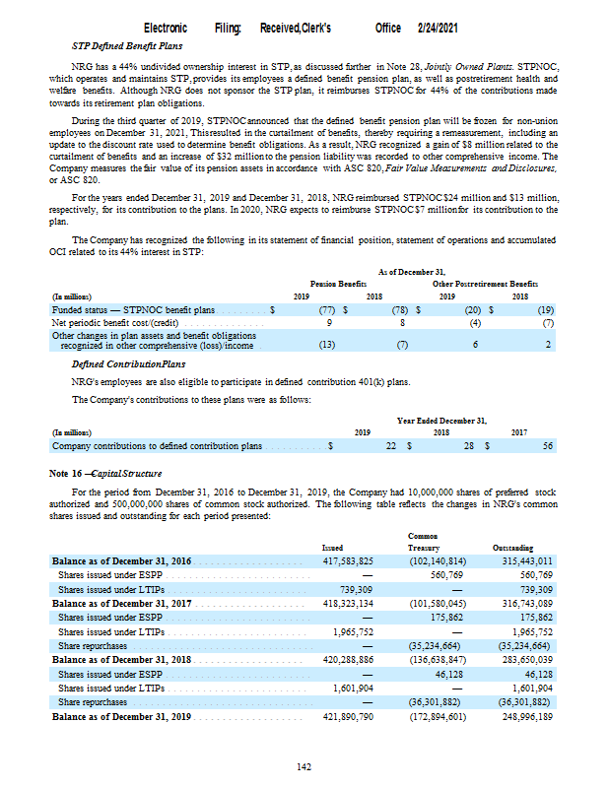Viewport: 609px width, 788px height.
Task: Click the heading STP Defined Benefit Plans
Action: (x=128, y=45)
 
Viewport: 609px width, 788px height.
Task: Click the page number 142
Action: (x=304, y=767)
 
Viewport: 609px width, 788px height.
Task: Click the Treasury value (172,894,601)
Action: (x=438, y=717)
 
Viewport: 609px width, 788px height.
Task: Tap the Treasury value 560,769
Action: (x=446, y=574)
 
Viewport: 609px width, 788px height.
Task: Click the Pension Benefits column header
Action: (x=338, y=282)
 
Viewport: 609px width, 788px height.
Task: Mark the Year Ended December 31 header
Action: (x=441, y=420)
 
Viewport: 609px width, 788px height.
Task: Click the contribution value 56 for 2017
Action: (x=547, y=446)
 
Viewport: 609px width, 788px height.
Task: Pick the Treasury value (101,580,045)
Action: (x=438, y=603)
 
